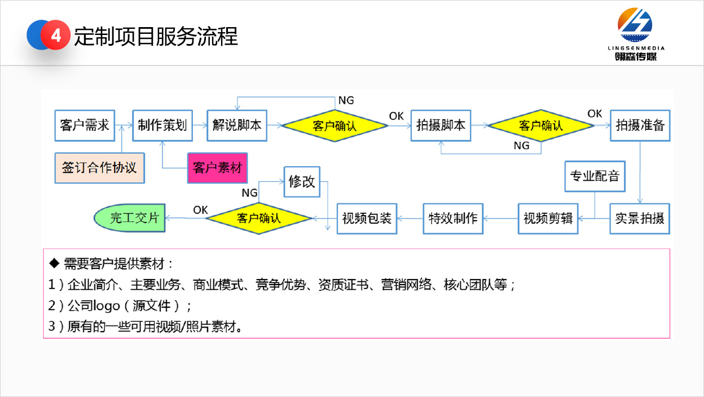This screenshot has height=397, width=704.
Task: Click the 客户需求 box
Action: point(85,125)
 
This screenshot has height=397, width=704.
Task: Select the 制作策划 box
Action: point(162,125)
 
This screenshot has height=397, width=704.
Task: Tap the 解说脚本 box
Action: point(237,125)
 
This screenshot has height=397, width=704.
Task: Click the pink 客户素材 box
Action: point(217,168)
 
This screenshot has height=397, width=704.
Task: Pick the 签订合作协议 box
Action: point(99,168)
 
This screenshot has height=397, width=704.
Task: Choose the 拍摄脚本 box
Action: point(441,125)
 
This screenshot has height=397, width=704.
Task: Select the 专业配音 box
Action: point(595,176)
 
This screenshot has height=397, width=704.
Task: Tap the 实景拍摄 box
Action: point(640,218)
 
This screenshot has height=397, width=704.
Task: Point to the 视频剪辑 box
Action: point(548,218)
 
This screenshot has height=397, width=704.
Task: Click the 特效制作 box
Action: point(453,218)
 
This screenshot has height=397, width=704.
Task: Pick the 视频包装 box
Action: point(367,218)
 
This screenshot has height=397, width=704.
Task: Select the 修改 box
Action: point(302,182)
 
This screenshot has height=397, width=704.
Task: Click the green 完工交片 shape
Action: point(130,218)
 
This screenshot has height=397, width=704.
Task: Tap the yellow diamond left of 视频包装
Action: point(258,218)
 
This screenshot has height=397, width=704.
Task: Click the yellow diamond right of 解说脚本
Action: point(335,125)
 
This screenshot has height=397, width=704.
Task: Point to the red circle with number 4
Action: point(56,36)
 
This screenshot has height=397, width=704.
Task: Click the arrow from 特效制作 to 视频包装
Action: point(411,218)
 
